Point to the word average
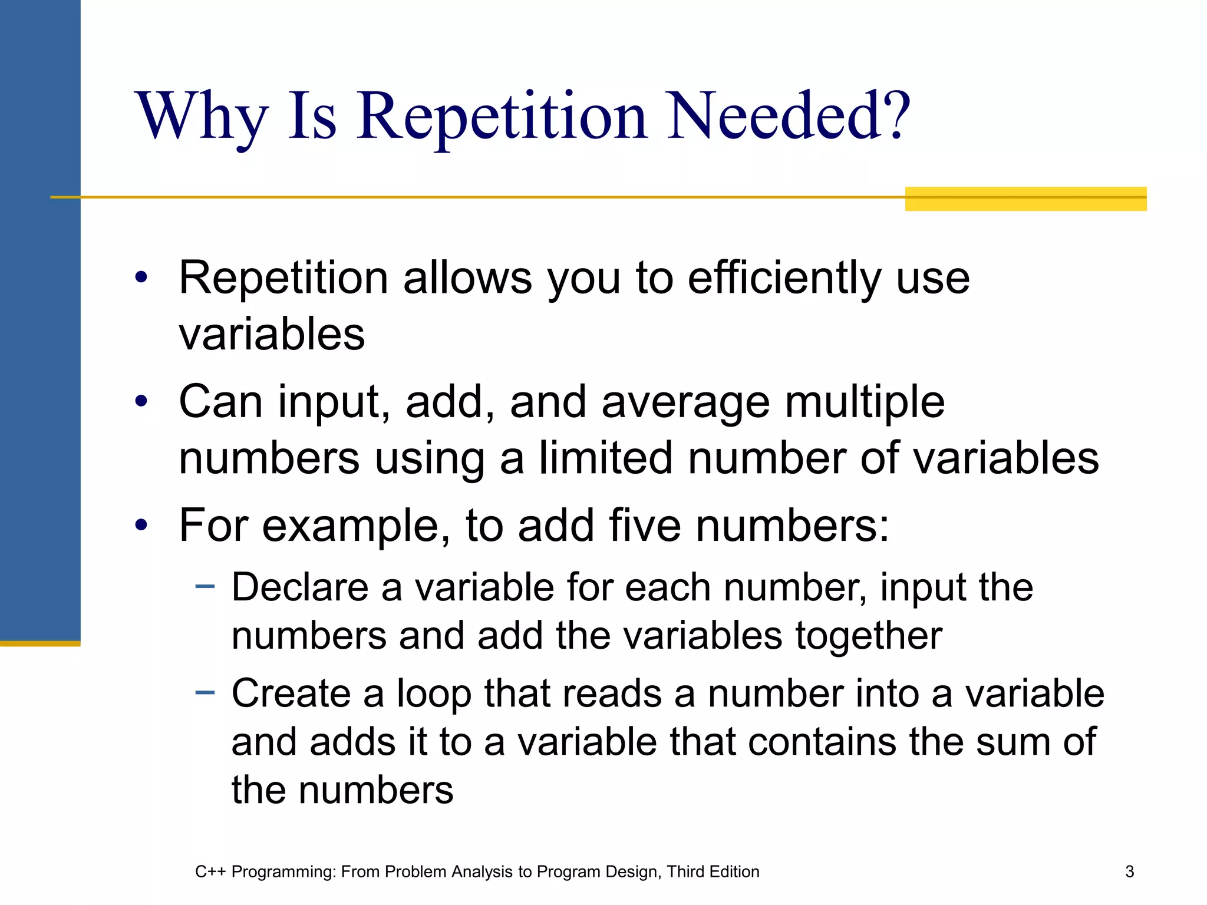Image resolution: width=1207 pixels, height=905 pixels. (x=685, y=403)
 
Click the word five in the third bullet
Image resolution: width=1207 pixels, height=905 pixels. (x=645, y=525)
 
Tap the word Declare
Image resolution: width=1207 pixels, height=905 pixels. (x=299, y=587)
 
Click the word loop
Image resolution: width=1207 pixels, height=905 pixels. (x=434, y=695)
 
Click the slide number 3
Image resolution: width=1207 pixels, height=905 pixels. (x=1129, y=871)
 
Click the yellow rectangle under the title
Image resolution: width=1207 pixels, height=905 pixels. (x=1025, y=199)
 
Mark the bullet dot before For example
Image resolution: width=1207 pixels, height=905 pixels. (x=141, y=524)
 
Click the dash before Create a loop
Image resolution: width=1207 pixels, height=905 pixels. (x=205, y=692)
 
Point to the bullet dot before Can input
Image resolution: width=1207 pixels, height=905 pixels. (x=141, y=402)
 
